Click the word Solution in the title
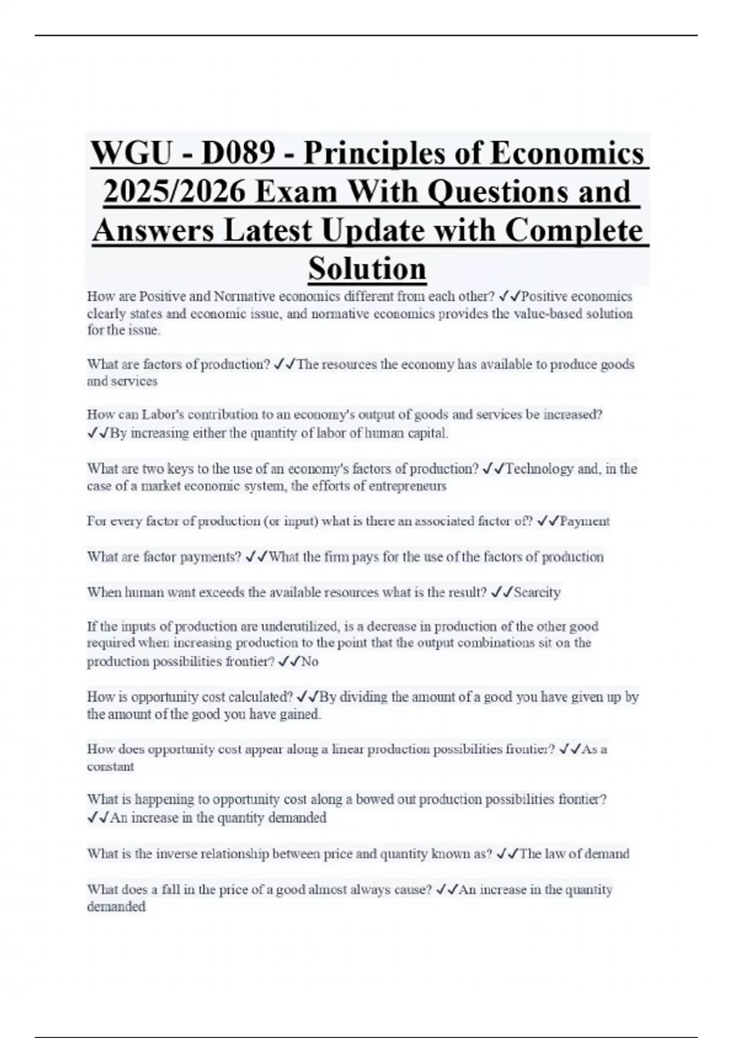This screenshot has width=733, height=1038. point(367,269)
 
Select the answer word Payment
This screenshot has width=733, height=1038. point(585,521)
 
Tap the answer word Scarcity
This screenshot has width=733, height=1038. point(537,592)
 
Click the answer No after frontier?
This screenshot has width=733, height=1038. point(310,662)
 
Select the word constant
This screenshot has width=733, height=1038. point(111,767)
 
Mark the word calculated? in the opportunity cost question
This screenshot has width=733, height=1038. point(260,697)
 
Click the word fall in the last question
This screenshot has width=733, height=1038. point(173,890)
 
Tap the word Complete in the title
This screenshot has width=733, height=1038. point(574,231)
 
